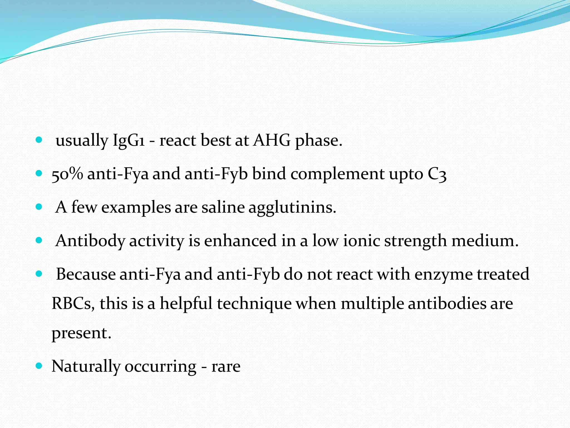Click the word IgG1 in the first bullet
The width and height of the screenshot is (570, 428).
pyautogui.click(x=129, y=140)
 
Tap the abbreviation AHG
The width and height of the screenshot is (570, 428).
pyautogui.click(x=272, y=140)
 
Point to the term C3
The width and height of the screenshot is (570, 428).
pyautogui.click(x=437, y=174)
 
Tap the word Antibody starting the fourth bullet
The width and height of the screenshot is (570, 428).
pyautogui.click(x=90, y=241)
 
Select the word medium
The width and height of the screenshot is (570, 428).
pyautogui.click(x=485, y=241)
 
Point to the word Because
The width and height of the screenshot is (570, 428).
pyautogui.click(x=86, y=274)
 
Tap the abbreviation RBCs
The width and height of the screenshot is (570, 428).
pyautogui.click(x=73, y=303)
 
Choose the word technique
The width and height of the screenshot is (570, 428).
pyautogui.click(x=254, y=303)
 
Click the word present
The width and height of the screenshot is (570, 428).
pyautogui.click(x=81, y=333)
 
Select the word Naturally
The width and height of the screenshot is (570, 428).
pyautogui.click(x=86, y=367)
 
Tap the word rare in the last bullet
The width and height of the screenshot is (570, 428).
pyautogui.click(x=226, y=367)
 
